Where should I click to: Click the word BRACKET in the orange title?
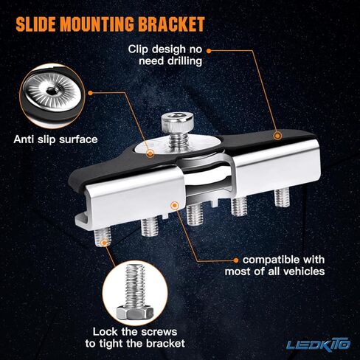click(x=171, y=24)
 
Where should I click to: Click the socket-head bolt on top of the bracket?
click(x=177, y=131)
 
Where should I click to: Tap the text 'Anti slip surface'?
click(x=55, y=139)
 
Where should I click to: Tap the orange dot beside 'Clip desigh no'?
click(x=209, y=51)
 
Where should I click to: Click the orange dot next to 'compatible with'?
click(x=236, y=260)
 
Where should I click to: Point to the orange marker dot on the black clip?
click(x=277, y=136)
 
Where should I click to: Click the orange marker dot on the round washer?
click(x=150, y=154)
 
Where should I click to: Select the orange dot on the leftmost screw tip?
click(x=104, y=243)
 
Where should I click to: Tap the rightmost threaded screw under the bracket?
click(x=282, y=198)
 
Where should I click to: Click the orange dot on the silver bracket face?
click(x=174, y=205)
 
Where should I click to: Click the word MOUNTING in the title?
click(x=97, y=24)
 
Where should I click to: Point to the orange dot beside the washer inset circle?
click(x=90, y=93)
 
